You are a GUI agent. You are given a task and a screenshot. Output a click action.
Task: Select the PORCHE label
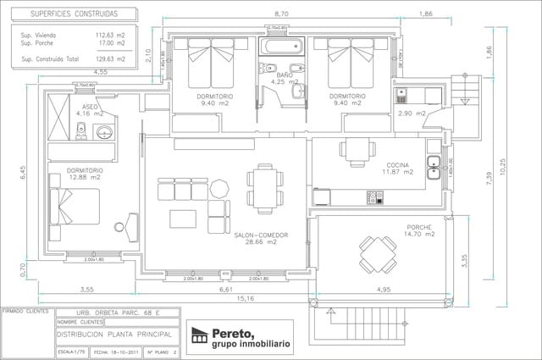point(419,227)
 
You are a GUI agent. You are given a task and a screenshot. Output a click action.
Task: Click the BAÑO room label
point(285,75)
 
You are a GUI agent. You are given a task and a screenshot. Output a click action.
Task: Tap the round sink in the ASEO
point(105,132)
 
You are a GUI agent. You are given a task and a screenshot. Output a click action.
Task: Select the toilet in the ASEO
point(81,130)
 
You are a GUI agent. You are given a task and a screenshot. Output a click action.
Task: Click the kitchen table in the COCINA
point(357,149)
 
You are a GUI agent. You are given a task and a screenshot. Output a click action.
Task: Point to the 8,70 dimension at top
point(281,14)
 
